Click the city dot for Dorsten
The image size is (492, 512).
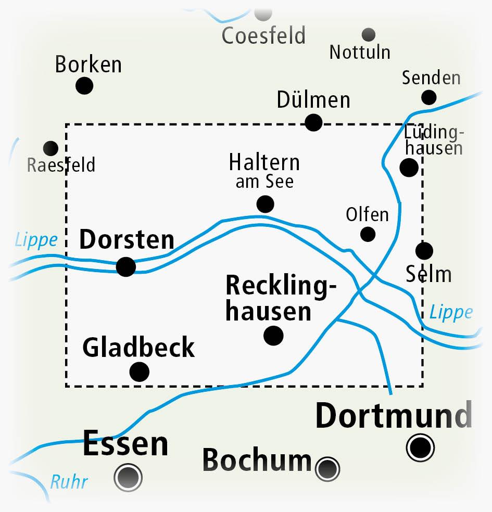coord(126,267)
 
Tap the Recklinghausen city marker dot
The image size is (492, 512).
coord(273,336)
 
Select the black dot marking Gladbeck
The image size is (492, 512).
coord(139,372)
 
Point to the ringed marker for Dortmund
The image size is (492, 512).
coord(420,447)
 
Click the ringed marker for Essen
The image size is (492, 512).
coord(128,476)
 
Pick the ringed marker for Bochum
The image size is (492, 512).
coord(327,469)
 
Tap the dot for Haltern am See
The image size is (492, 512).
coord(265,204)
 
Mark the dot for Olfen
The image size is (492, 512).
coord(368,234)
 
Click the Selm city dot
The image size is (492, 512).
coord(424,251)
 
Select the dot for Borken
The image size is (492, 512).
coord(84,85)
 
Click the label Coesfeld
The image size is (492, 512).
coord(263,36)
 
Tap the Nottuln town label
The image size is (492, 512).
coord(360,53)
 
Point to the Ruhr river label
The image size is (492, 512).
coord(69,482)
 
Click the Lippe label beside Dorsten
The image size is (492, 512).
coord(36,240)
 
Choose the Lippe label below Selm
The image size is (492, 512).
coord(451,312)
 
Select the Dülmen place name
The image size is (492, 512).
coord(313,100)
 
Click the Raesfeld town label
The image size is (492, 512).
coord(61,165)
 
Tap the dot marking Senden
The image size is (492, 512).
coord(428,97)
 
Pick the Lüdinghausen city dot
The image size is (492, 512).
coord(409,168)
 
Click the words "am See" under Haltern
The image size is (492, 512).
coord(264,182)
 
